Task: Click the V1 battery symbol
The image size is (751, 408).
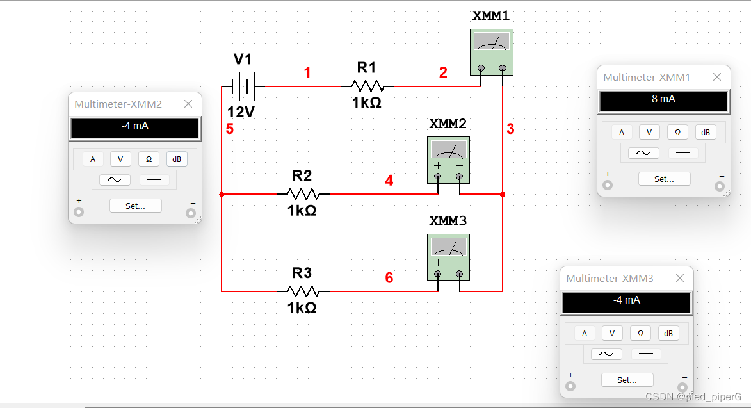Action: point(243,86)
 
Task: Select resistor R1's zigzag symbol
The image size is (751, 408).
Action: point(367,86)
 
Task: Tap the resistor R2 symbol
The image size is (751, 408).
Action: point(302,193)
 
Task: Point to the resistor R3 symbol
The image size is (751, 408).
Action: point(302,291)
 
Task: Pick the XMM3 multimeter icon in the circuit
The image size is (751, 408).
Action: point(448,257)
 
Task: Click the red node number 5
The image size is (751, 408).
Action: point(229,129)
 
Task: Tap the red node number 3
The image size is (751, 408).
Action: point(510,129)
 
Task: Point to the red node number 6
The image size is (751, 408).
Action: point(389,278)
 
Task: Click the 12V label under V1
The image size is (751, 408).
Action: point(241,113)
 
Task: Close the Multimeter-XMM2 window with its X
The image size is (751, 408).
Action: point(188,104)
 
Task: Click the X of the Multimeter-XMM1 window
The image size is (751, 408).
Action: point(717,78)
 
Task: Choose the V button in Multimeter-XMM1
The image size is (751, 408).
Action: point(649,133)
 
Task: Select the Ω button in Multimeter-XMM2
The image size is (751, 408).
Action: point(149,159)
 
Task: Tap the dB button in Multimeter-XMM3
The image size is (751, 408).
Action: point(668,334)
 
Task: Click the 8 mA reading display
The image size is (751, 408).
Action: point(663,101)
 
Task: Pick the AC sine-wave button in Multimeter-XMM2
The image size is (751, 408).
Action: point(115,180)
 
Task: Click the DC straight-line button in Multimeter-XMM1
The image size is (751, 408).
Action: point(683,153)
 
